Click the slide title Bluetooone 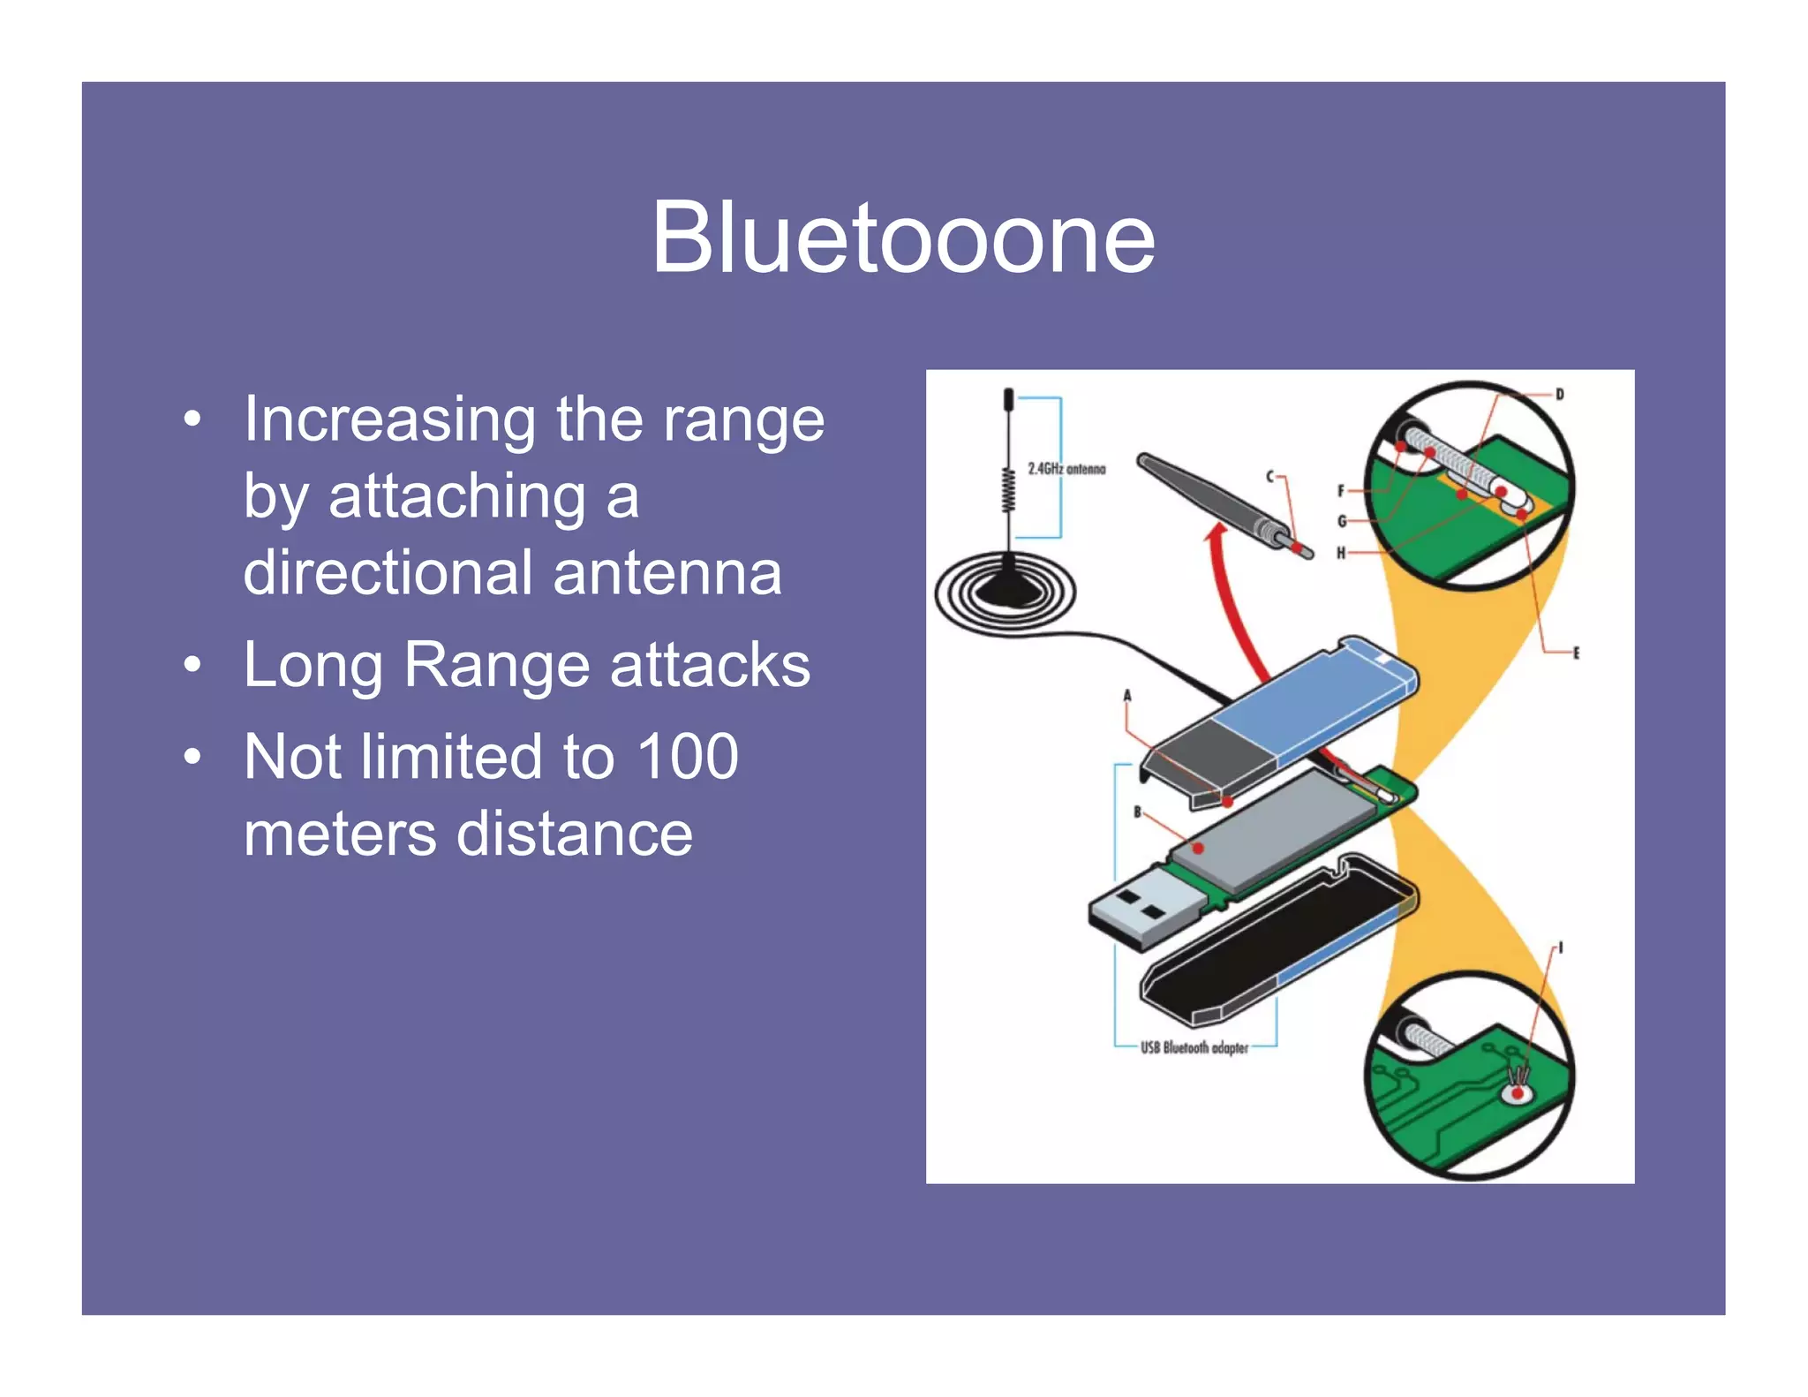click(902, 238)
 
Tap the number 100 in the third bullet click(687, 757)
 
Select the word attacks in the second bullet click(709, 664)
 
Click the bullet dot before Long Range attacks click(192, 664)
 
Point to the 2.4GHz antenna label click(1066, 469)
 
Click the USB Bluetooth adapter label click(1194, 1048)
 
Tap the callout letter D click(1559, 395)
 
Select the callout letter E click(1576, 653)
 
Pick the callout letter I click(1560, 948)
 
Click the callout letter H click(1340, 553)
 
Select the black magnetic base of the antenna click(1006, 587)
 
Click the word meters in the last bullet click(338, 834)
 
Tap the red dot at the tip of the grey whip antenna click(1296, 548)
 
